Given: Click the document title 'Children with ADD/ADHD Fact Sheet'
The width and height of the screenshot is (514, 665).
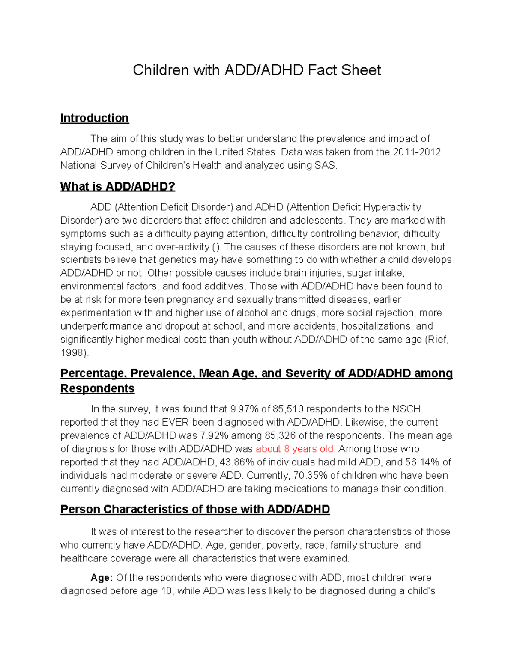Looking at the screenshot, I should pos(257,70).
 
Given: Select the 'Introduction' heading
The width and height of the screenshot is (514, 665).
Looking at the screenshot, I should pos(94,118).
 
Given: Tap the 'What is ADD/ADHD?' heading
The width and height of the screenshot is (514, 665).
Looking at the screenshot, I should pos(118,187).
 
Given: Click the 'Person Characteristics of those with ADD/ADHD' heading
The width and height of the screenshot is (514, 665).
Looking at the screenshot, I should pos(195,510).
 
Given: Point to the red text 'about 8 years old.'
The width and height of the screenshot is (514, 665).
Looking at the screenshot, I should pos(296,449).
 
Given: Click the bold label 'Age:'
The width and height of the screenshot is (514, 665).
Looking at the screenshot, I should pos(102,578).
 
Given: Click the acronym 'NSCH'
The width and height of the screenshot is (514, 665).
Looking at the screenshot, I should pos(406,409).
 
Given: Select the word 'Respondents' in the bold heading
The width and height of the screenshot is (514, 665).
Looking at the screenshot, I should pos(97,388).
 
